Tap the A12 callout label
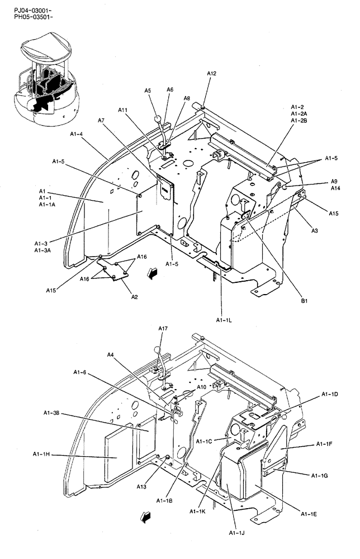pyautogui.click(x=211, y=73)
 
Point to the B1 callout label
pyautogui.click(x=304, y=301)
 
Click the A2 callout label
pyautogui.click(x=134, y=297)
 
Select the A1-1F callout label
pyautogui.click(x=325, y=444)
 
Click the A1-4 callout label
pyautogui.click(x=79, y=134)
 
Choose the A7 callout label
pyautogui.click(x=101, y=120)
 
